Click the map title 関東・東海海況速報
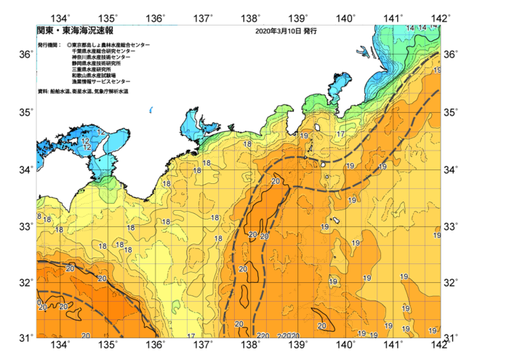(x=69, y=31)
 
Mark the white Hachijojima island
(x=337, y=220)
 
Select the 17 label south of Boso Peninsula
(x=340, y=135)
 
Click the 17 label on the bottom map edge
(x=191, y=336)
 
